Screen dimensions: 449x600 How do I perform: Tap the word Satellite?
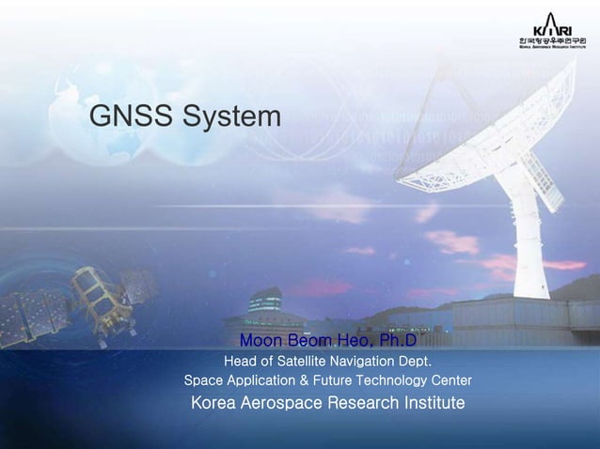point(306,361)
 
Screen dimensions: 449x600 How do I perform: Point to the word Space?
point(203,381)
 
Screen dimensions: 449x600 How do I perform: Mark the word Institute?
point(429,404)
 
